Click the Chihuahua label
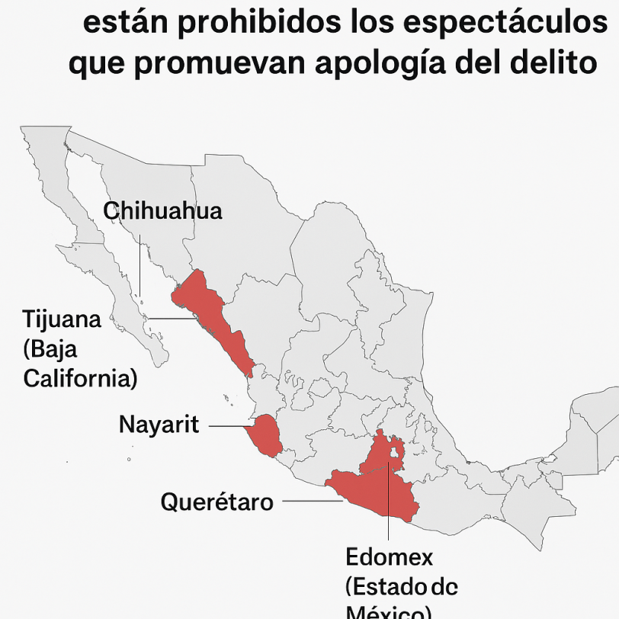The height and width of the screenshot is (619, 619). click(x=162, y=211)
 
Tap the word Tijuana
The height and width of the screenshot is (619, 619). click(x=62, y=319)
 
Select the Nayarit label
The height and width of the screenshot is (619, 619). click(x=159, y=425)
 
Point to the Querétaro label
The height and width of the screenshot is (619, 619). click(x=216, y=502)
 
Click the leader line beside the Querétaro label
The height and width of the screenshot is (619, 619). click(x=311, y=501)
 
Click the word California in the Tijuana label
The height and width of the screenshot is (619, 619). click(x=80, y=378)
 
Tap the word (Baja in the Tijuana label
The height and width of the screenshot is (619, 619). click(x=50, y=349)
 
